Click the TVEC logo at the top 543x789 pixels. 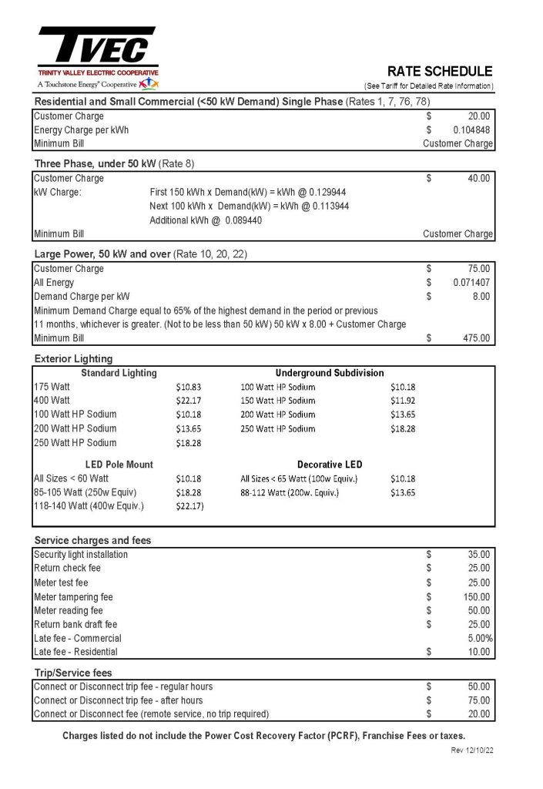click(97, 48)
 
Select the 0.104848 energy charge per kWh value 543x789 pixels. click(471, 129)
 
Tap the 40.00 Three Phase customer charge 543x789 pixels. click(478, 178)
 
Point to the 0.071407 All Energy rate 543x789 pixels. click(471, 282)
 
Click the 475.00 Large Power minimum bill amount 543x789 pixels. click(476, 337)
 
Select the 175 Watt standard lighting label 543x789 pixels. click(52, 386)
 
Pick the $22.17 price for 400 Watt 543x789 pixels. click(189, 400)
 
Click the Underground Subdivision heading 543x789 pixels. click(330, 373)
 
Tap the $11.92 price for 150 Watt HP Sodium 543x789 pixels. click(403, 400)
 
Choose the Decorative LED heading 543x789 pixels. click(330, 465)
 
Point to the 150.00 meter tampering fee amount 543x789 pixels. click(476, 596)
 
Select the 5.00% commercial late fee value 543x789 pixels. click(480, 638)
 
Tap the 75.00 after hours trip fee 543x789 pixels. click(478, 700)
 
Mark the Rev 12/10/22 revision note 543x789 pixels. click(471, 750)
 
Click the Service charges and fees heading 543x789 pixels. click(92, 540)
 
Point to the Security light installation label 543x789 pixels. click(81, 554)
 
